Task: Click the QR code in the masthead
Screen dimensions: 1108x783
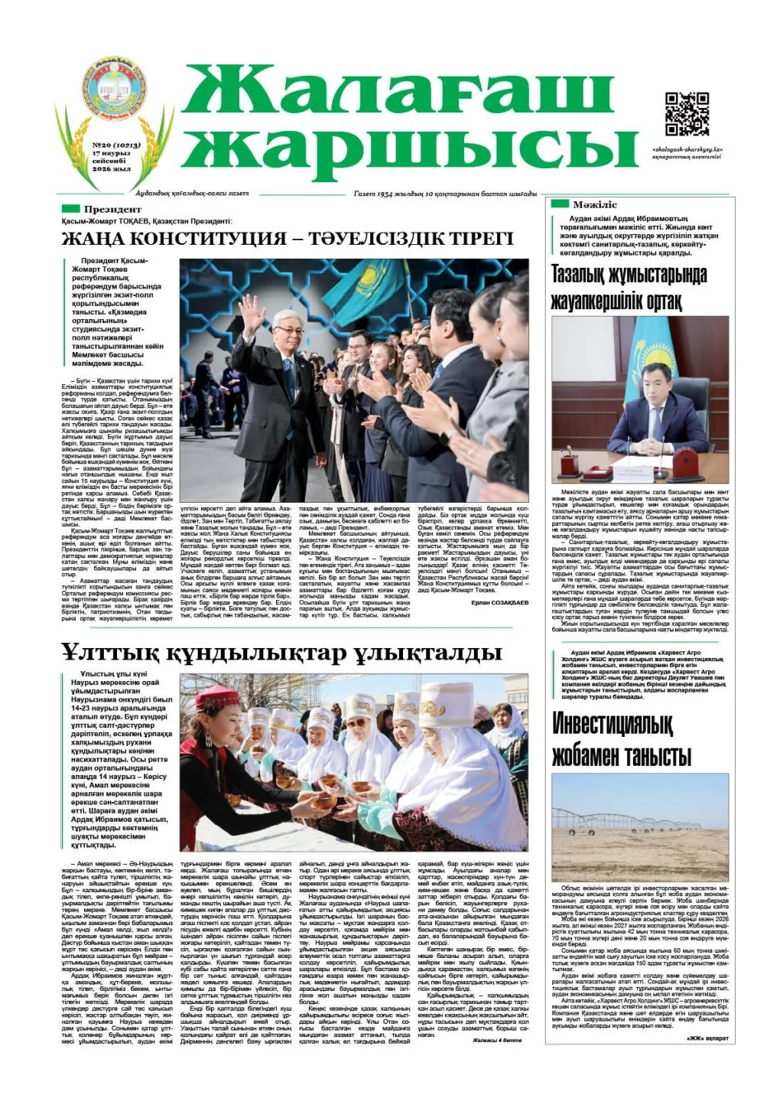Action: (x=687, y=113)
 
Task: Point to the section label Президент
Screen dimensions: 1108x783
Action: (x=112, y=209)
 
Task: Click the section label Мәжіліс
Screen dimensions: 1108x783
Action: (x=594, y=204)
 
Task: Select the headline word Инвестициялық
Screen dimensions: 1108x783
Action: (x=612, y=723)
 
